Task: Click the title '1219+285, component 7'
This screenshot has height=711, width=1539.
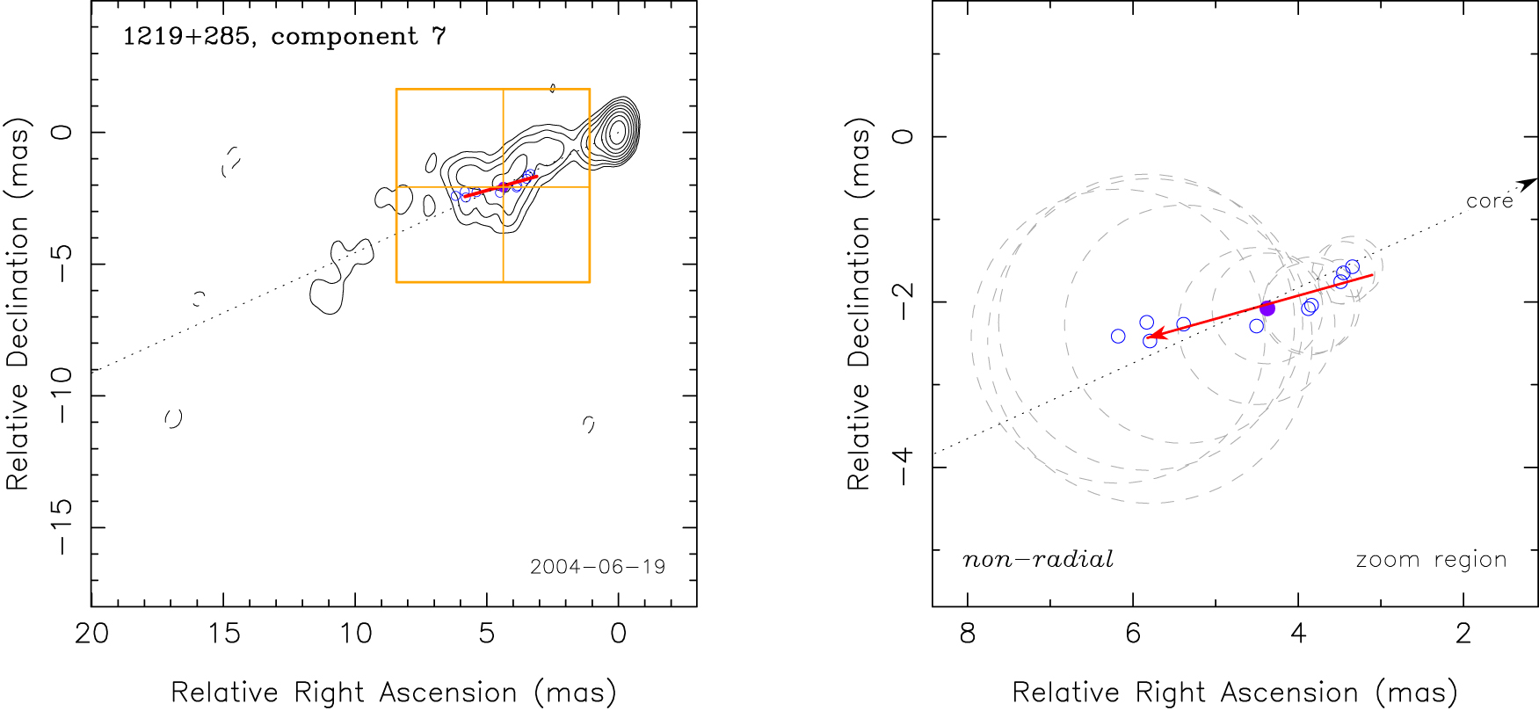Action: tap(284, 37)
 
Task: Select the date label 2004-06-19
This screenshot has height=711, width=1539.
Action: tap(598, 567)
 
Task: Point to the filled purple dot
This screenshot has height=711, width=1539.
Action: tap(1267, 308)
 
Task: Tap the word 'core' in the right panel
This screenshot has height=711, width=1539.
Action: tap(1489, 201)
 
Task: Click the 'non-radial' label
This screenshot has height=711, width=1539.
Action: tap(1038, 560)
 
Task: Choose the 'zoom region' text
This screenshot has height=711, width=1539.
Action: tap(1431, 560)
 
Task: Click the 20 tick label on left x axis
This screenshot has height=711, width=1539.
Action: tap(91, 634)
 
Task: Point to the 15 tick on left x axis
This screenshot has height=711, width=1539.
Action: tap(223, 634)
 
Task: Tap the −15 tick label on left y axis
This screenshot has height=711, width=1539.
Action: tap(62, 527)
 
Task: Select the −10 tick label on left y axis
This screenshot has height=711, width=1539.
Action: tap(62, 395)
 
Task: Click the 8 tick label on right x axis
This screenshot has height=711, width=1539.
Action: tap(968, 634)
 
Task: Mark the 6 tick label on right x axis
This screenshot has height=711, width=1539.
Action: tap(1133, 634)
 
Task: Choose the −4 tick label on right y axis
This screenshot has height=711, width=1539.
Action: tap(903, 467)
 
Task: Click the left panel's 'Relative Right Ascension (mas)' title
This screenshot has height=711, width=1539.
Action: tap(393, 693)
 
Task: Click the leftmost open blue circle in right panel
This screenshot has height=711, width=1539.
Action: tap(1118, 337)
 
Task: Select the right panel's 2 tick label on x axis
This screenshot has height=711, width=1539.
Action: tap(1463, 634)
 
